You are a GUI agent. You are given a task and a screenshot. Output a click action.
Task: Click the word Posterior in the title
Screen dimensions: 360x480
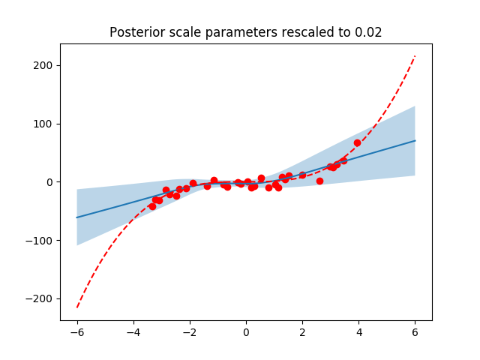(133, 32)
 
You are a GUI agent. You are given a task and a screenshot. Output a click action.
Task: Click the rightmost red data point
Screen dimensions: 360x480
(357, 142)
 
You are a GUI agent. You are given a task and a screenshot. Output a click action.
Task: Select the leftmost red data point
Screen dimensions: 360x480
(152, 206)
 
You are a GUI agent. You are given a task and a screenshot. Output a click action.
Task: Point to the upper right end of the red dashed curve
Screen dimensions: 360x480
(415, 56)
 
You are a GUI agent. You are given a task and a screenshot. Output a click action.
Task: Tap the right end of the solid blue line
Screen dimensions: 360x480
(415, 141)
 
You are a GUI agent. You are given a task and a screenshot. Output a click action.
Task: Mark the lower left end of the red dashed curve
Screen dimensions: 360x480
(77, 307)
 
